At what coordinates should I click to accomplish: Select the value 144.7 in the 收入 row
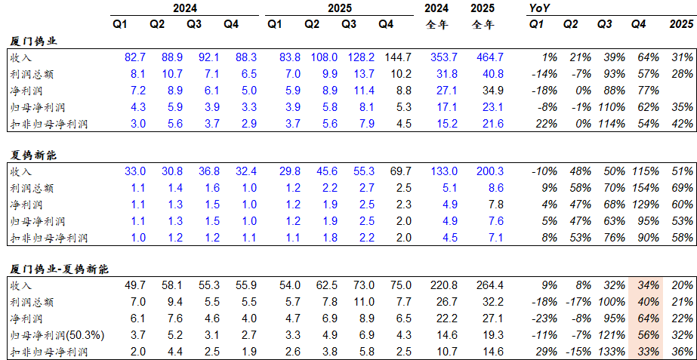397,57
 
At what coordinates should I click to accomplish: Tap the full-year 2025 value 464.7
488,57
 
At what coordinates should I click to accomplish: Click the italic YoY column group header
540,8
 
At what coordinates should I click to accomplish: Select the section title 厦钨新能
35,155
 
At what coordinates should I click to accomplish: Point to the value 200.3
488,172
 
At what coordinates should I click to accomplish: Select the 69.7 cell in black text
399,172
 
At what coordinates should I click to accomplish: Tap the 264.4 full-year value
488,285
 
